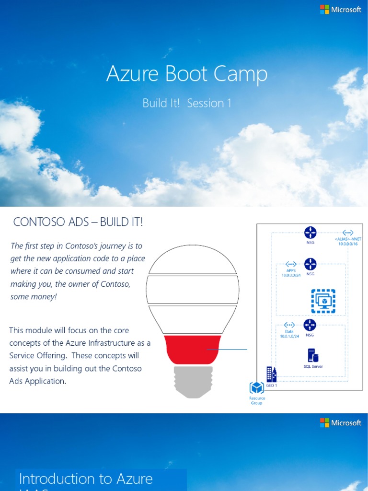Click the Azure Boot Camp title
(187, 74)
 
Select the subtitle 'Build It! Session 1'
(187, 103)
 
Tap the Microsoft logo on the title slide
(341, 10)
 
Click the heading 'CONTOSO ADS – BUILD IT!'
(78, 222)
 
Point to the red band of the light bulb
(193, 350)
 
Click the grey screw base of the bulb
(193, 382)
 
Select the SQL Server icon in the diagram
(313, 356)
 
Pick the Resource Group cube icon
(257, 388)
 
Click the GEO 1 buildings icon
(272, 374)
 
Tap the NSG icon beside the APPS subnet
(310, 264)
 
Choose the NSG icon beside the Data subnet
(310, 325)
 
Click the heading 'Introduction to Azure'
(86, 479)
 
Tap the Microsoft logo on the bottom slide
(341, 423)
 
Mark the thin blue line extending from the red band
(228, 350)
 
